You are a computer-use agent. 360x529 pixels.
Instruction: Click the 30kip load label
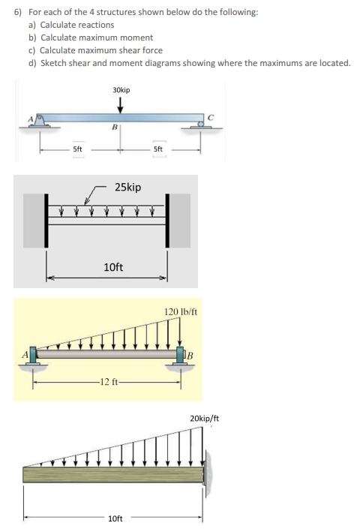pyautogui.click(x=121, y=90)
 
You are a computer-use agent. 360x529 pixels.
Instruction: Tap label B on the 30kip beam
pyautogui.click(x=115, y=128)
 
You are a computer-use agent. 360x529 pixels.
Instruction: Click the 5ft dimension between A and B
pyautogui.click(x=78, y=149)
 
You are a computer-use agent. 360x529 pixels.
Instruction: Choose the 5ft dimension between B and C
pyautogui.click(x=157, y=149)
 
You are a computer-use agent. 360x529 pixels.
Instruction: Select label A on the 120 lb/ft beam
pyautogui.click(x=25, y=353)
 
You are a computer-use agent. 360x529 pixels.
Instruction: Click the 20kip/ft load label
pyautogui.click(x=205, y=418)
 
